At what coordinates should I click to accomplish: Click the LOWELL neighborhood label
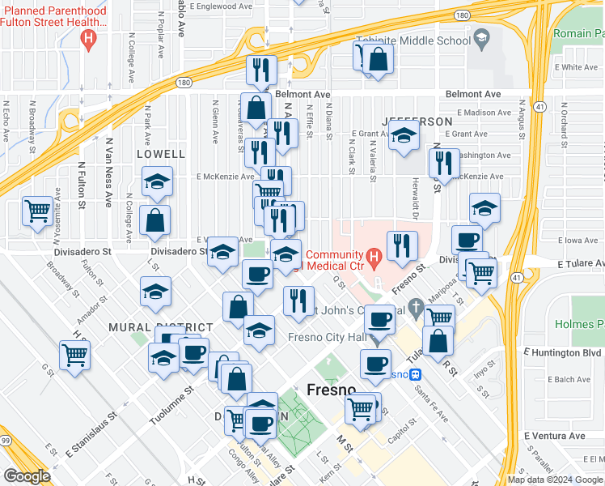161,153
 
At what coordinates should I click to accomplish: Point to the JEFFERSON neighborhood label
417,121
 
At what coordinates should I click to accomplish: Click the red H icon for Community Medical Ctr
374,259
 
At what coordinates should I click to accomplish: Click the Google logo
27,475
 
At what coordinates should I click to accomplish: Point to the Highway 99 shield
6,440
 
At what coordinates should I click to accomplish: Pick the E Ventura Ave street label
554,436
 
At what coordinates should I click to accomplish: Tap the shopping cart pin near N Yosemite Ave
38,211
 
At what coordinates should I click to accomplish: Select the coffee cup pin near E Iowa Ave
467,241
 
